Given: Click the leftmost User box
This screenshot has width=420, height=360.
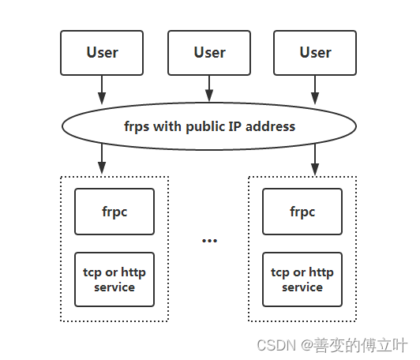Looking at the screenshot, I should (102, 52).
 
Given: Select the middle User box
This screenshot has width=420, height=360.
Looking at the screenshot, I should (209, 52).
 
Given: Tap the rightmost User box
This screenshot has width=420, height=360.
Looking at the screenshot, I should (315, 52).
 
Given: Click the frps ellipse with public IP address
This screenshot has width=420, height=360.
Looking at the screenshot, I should (209, 126).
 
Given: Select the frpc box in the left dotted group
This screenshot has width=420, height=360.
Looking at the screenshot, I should (115, 212).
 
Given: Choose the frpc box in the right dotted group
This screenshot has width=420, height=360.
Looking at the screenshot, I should (302, 212).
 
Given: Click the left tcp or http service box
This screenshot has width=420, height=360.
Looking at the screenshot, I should (115, 279).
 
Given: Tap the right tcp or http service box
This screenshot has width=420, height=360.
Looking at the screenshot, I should (302, 279).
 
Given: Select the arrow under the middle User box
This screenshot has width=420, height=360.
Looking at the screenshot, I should (209, 88).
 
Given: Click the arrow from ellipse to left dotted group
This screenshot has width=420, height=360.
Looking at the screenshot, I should (102, 159).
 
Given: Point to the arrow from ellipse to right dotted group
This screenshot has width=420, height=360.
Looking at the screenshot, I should (315, 159).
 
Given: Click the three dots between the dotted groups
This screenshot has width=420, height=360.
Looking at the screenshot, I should (209, 240).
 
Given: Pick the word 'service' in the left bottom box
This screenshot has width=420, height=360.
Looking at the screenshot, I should (115, 287).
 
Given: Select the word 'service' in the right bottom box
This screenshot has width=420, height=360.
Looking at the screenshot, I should (302, 287).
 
